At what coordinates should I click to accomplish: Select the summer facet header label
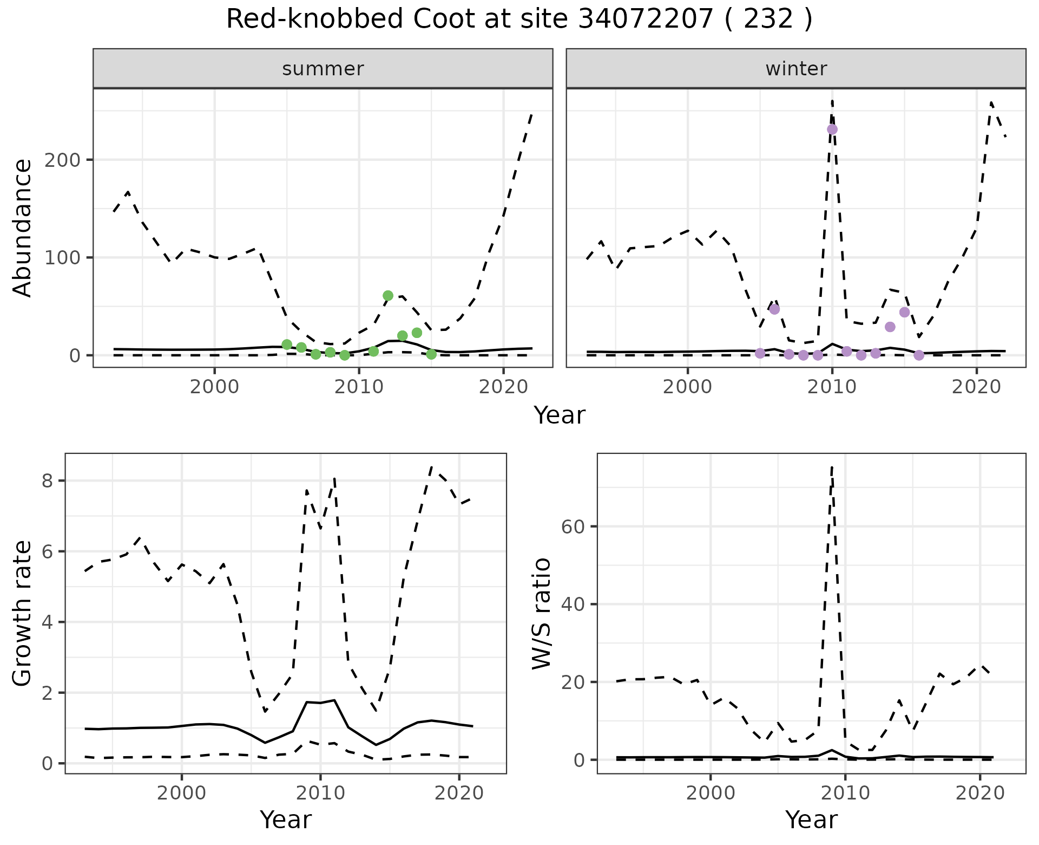pyautogui.click(x=323, y=69)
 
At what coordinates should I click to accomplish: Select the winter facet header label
pyautogui.click(x=796, y=69)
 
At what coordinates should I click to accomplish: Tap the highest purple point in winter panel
pyautogui.click(x=832, y=129)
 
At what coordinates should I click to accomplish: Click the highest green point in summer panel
pyautogui.click(x=388, y=296)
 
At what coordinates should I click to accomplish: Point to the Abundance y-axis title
pyautogui.click(x=23, y=228)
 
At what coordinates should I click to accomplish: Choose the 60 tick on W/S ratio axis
pyautogui.click(x=575, y=526)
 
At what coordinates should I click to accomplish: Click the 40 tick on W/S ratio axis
pyautogui.click(x=575, y=604)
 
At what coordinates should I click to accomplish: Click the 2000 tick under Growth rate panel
pyautogui.click(x=182, y=794)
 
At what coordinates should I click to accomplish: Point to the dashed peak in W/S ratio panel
pyautogui.click(x=832, y=467)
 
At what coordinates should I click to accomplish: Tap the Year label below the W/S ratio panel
pyautogui.click(x=811, y=820)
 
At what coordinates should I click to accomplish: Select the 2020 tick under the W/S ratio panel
pyautogui.click(x=980, y=794)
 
